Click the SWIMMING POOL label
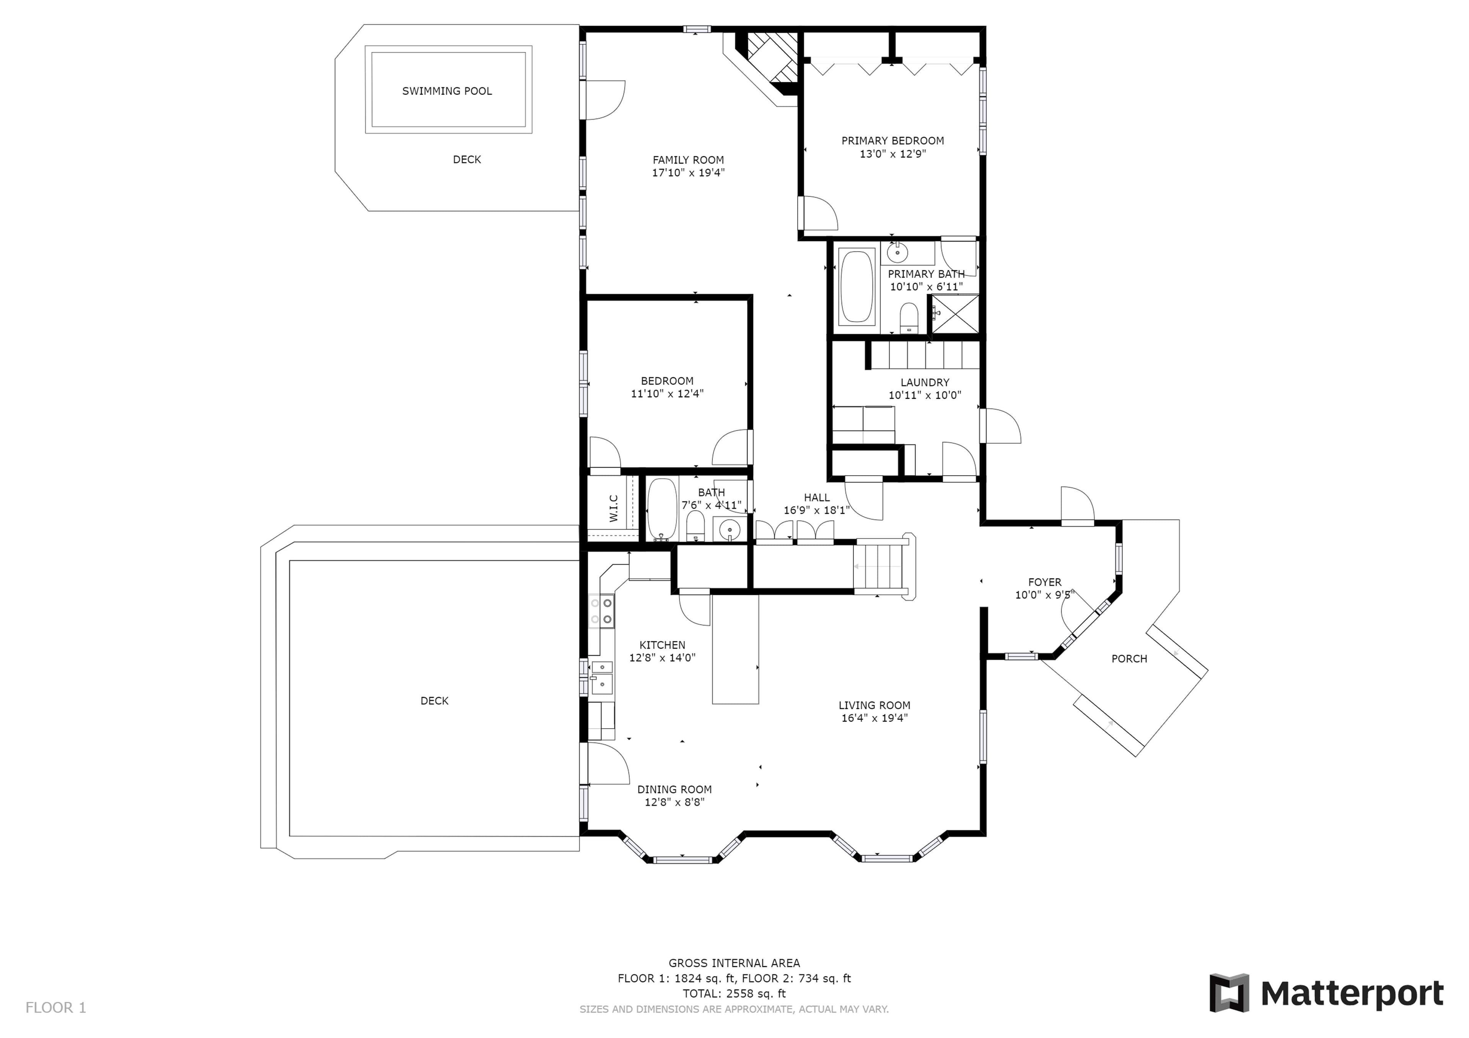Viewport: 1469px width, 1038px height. (446, 91)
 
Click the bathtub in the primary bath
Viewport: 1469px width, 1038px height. (856, 286)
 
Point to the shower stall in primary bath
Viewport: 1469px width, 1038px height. (954, 314)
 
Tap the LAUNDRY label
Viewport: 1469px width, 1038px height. (925, 382)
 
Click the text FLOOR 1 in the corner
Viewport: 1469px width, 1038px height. (56, 1008)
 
